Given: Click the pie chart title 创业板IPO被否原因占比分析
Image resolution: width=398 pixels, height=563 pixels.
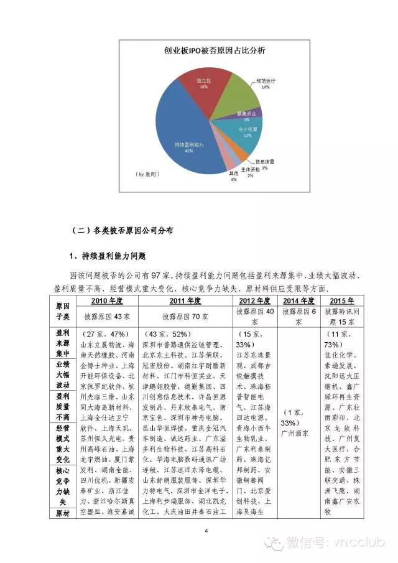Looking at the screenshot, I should (x=205, y=51).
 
